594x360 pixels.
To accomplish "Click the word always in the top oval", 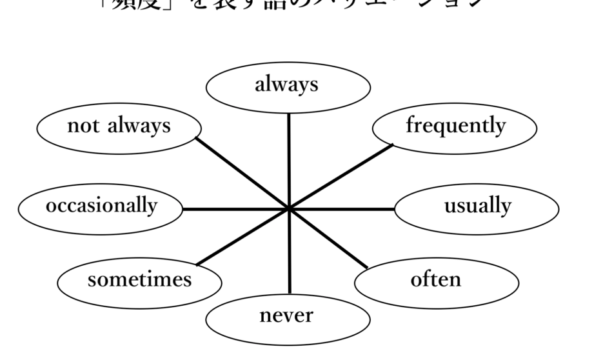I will pos(288,85).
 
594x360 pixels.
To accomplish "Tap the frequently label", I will pos(455,126).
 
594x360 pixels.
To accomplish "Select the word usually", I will pos(477,207).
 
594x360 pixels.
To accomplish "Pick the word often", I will pos(437,280).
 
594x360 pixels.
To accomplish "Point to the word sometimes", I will pos(140,280).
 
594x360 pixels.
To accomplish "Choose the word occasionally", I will pos(101,206).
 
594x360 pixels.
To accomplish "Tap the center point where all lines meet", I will pos(289,209).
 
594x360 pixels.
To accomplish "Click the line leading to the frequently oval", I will pos(342,176).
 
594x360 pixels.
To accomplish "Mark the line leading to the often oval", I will pos(329,239).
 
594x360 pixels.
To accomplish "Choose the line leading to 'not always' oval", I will pos(242,173).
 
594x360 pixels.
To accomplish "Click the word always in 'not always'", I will pos(137,126).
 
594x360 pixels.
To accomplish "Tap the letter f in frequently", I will pos(410,125).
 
